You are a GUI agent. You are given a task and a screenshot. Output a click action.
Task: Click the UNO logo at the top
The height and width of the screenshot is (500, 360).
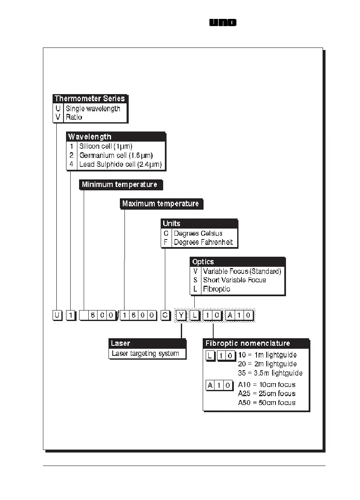pos(223,23)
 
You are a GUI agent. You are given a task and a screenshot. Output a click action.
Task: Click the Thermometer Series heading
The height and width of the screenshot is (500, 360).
pos(90,99)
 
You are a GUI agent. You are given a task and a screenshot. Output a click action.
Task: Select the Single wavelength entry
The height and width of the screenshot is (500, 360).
pos(93,108)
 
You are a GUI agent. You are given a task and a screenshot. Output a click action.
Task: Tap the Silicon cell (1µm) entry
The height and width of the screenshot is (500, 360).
pos(106,146)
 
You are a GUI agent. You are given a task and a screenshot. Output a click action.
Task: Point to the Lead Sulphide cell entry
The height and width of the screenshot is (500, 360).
pos(120,164)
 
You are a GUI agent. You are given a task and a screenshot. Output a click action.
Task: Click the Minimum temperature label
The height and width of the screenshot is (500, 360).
pos(119,184)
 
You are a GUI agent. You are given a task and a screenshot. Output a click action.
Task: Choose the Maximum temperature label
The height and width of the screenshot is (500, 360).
pos(160,204)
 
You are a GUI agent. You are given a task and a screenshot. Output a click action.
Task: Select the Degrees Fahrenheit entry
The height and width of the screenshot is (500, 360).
pos(203,242)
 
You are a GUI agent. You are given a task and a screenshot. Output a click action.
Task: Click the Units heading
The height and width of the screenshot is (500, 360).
pos(172,224)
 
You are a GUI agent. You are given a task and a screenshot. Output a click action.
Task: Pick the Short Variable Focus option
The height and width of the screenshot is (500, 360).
pos(234,280)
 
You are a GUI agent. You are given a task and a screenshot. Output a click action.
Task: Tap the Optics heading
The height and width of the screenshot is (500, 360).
pos(203,262)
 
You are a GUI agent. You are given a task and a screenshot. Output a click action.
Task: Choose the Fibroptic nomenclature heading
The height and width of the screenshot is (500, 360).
pos(248,343)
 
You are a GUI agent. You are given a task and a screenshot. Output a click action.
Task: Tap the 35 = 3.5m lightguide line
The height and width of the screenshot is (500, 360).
pos(270,373)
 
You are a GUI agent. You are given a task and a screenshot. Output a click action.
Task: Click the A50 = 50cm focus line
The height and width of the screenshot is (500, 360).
pos(267,403)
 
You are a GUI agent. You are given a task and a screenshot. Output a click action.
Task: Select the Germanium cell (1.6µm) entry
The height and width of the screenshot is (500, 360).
pos(116,155)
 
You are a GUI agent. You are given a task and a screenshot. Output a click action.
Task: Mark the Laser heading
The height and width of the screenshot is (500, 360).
pos(121,343)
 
